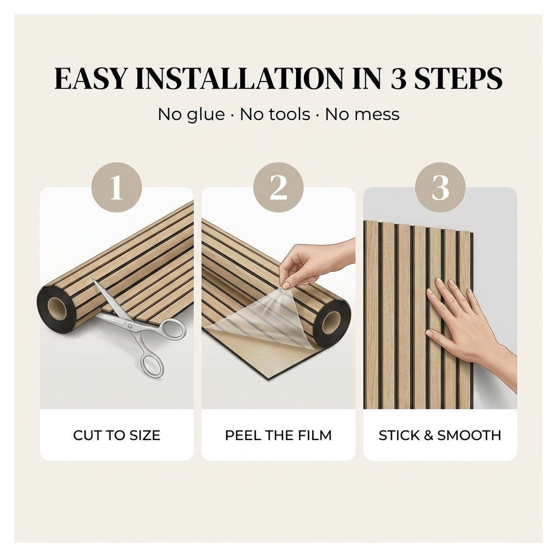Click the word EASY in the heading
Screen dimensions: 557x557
click(90, 78)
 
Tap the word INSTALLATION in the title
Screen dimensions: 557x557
click(240, 78)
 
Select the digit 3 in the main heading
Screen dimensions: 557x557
click(398, 78)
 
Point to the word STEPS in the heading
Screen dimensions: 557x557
click(458, 78)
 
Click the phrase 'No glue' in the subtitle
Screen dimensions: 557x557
click(191, 114)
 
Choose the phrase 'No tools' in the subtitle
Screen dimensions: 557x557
click(275, 114)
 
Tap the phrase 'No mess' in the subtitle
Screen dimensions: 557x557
click(363, 114)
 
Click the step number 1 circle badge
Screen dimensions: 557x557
click(117, 188)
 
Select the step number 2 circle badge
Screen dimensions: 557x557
click(278, 188)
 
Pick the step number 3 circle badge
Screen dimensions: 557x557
click(440, 188)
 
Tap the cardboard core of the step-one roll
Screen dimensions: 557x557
click(57, 309)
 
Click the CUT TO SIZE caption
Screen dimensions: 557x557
click(117, 435)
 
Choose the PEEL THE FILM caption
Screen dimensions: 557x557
click(278, 435)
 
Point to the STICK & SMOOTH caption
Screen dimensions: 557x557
click(440, 435)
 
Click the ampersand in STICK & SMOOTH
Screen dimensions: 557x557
click(429, 435)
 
